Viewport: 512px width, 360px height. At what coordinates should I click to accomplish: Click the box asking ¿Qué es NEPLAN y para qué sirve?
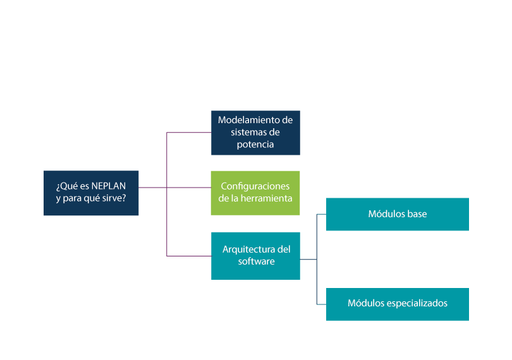click(91, 193)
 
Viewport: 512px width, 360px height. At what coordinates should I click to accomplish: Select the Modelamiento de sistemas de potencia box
click(255, 133)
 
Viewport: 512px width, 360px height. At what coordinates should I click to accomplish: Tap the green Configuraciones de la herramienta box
click(255, 193)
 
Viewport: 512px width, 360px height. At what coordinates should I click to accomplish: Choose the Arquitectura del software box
click(255, 255)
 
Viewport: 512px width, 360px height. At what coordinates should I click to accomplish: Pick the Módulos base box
click(397, 214)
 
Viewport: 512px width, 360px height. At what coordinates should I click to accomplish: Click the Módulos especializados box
click(397, 304)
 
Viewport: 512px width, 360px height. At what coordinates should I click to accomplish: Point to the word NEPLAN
click(108, 186)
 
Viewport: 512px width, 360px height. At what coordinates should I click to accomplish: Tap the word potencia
click(255, 144)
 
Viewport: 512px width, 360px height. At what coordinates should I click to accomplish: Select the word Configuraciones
click(255, 186)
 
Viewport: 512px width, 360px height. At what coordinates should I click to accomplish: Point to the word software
click(256, 261)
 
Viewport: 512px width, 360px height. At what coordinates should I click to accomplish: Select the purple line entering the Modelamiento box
click(189, 133)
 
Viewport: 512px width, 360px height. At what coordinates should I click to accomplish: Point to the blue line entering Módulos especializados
click(320, 304)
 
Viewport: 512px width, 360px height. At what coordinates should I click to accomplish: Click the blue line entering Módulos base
click(320, 214)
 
